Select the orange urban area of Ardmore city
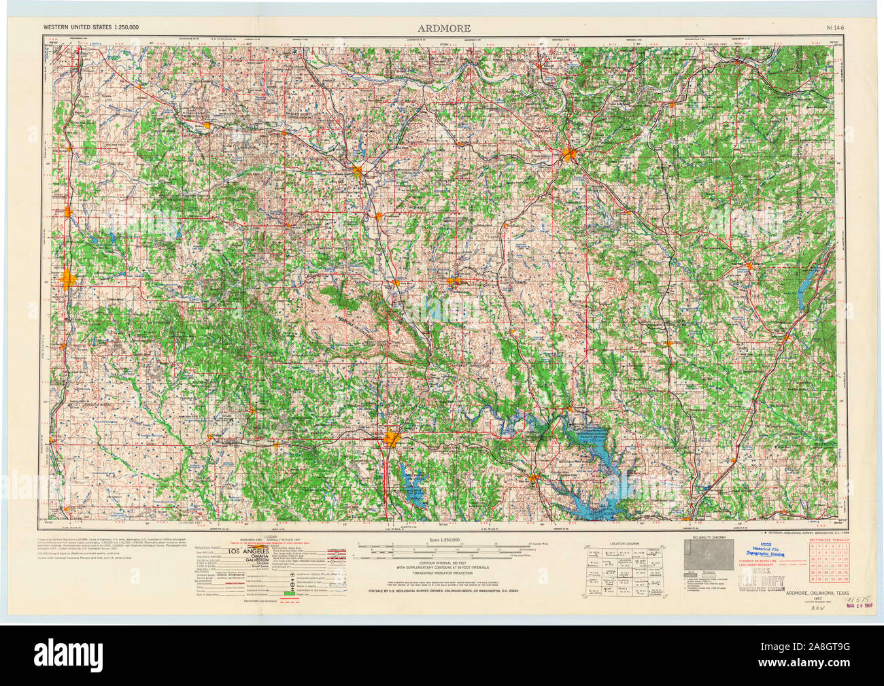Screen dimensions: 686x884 [x=392, y=439]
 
